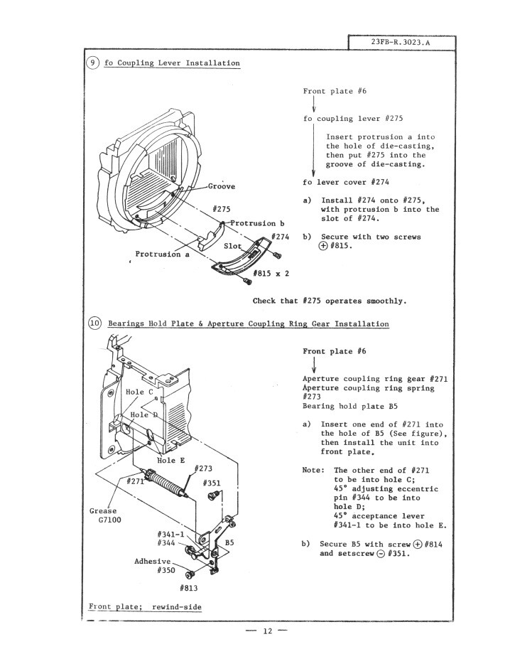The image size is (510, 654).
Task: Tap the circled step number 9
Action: [94, 63]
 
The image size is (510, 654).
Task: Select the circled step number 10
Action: [94, 323]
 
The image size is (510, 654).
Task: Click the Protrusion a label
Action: [162, 254]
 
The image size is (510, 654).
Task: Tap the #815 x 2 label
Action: [271, 273]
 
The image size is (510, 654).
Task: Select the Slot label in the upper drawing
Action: [232, 246]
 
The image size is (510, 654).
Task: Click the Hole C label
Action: [139, 392]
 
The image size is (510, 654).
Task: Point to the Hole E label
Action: [170, 460]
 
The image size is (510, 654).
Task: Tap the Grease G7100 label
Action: [103, 515]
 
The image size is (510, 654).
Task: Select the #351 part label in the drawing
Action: [214, 483]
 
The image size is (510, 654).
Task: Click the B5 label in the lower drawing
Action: [229, 542]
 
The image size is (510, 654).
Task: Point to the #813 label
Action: [189, 588]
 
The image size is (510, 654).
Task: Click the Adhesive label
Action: [153, 561]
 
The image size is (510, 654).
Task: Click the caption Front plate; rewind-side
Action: [145, 606]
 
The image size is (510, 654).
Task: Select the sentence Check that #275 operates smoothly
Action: [329, 301]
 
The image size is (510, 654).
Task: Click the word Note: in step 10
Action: [314, 470]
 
